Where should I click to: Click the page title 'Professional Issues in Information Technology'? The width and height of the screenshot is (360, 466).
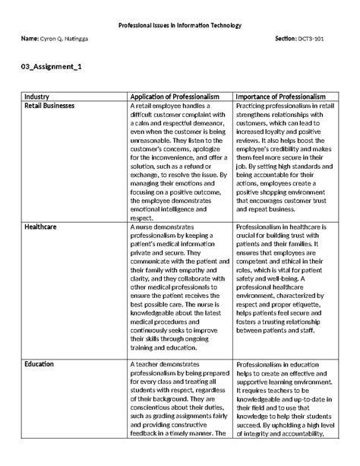180,25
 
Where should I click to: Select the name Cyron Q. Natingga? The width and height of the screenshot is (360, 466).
67,37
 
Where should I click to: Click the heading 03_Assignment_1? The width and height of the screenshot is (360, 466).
52,68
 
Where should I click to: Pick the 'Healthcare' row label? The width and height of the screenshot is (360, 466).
43,227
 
